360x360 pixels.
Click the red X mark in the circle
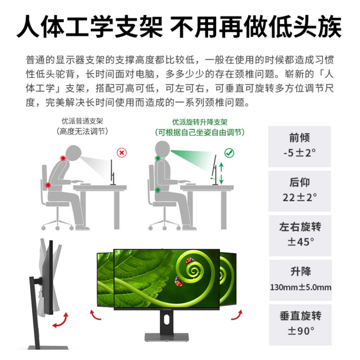coord(121,153)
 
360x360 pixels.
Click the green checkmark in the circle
coord(229,153)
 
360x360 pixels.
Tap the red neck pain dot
coord(63,158)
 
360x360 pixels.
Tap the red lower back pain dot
coord(48,185)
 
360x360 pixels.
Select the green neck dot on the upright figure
coord(157,158)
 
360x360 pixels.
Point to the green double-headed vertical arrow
coord(221,173)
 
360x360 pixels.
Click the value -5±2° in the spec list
coord(299,153)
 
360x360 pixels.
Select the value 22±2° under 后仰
coord(300,197)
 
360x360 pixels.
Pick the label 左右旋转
coord(300,227)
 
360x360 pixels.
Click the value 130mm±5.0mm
coord(301,287)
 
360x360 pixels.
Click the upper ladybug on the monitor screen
coord(190,261)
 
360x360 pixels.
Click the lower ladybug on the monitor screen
coord(179,282)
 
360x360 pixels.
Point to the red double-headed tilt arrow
coord(61,320)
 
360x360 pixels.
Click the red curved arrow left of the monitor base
coord(95,315)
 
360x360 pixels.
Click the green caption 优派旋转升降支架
coord(200,122)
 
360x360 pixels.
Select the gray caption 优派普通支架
coord(82,121)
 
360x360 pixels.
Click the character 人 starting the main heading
coord(29,27)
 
